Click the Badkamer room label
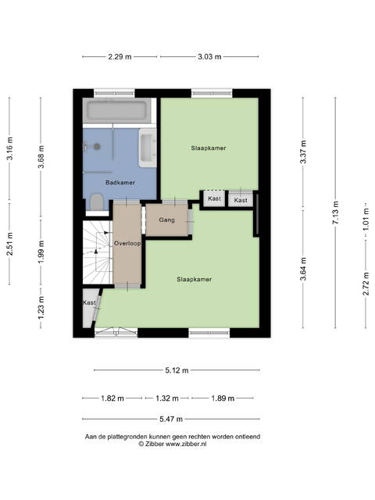(x=120, y=183)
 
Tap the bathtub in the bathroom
(x=117, y=110)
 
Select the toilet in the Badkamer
(x=96, y=202)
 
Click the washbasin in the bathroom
(x=148, y=148)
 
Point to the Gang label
(x=166, y=220)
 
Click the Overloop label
(x=127, y=243)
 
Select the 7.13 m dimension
(x=336, y=212)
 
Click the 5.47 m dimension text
(x=171, y=419)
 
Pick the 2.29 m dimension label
(x=120, y=57)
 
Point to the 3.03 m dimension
(x=209, y=57)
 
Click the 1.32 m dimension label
(x=167, y=398)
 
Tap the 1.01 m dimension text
(x=366, y=220)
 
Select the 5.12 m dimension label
(x=177, y=370)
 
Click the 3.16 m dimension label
(x=10, y=148)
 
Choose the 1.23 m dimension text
(x=41, y=308)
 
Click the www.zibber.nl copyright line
(x=173, y=444)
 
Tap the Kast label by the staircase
(x=89, y=302)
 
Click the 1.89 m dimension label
(x=223, y=398)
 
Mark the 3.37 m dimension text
(x=303, y=152)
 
